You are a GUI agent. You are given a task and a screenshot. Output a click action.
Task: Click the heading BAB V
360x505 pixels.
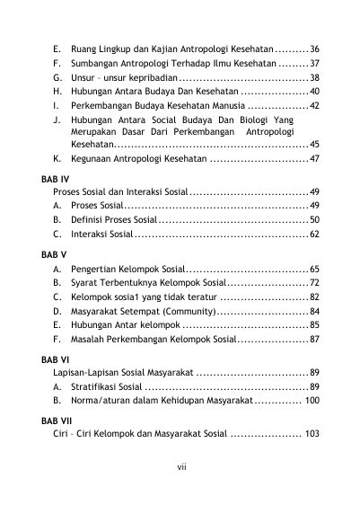click(x=54, y=254)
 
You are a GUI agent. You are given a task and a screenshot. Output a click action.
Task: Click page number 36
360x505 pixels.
click(x=315, y=49)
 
